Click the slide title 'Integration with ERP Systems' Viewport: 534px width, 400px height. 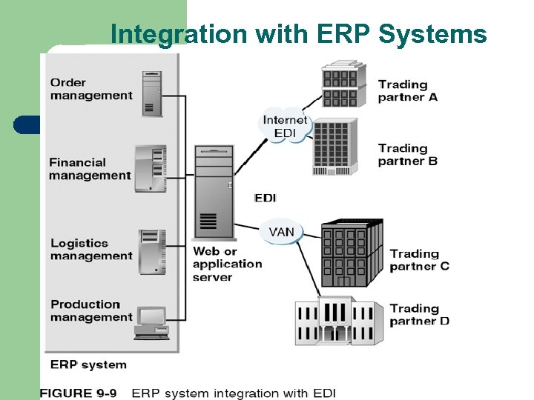(298, 34)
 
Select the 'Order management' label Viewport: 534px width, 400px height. (90, 89)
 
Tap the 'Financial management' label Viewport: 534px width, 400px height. (89, 169)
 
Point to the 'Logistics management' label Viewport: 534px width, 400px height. (90, 250)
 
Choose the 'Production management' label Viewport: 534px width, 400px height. (90, 310)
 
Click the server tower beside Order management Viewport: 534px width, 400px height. (151, 93)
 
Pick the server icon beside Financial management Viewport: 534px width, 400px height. (150, 169)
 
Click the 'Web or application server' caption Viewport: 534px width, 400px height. (227, 264)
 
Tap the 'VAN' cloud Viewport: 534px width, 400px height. (281, 232)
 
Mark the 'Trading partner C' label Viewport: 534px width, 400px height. (419, 260)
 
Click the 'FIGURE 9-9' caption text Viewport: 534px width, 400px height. (79, 393)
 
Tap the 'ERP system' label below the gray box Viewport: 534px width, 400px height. (88, 364)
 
